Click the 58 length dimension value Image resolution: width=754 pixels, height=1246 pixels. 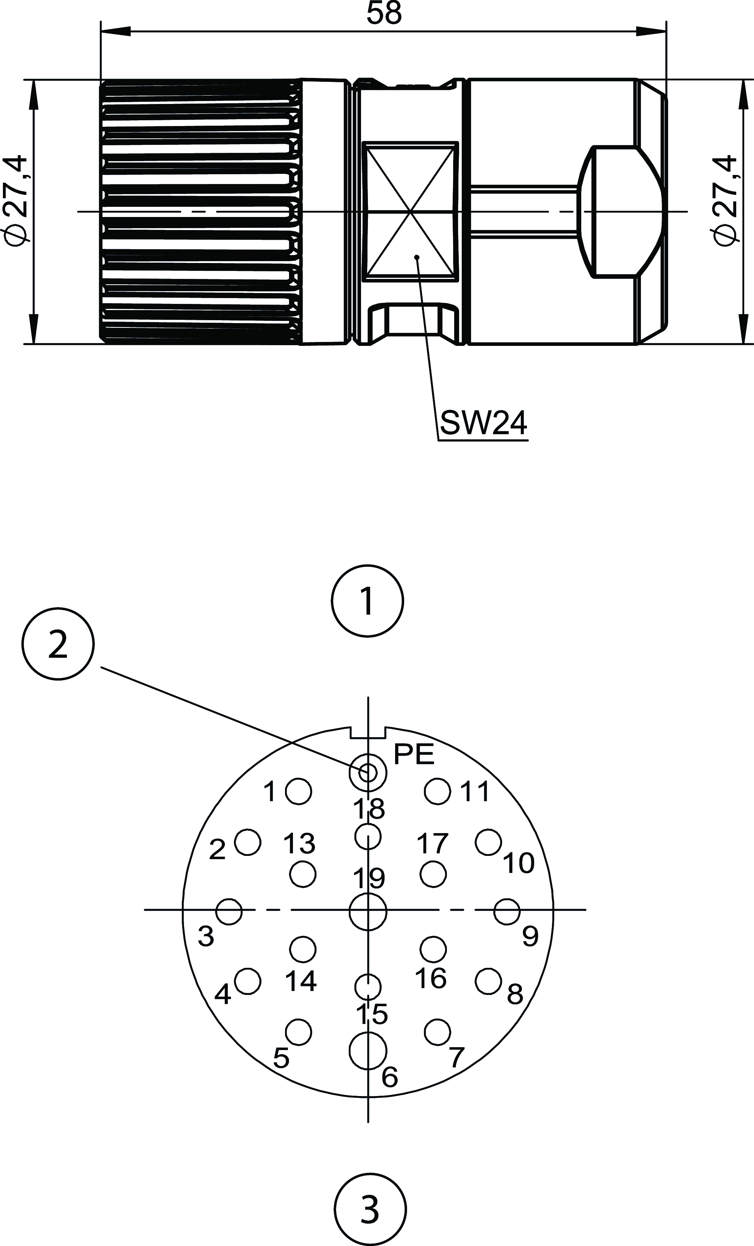point(384,14)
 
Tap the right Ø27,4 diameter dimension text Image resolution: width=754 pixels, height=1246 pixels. point(724,200)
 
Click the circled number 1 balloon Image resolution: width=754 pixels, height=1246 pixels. point(368,601)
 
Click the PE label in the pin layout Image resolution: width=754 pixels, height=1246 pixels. point(414,754)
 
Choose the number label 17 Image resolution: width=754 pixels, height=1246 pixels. point(432,844)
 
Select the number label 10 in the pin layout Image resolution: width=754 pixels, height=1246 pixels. point(518,863)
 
